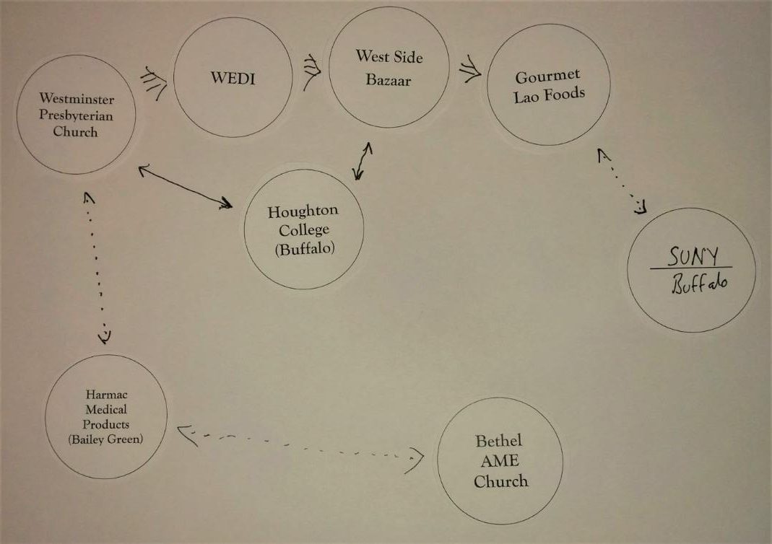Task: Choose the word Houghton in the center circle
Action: click(x=303, y=212)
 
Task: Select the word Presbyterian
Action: click(x=77, y=115)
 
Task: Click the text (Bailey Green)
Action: click(x=105, y=439)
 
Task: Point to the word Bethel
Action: click(x=498, y=441)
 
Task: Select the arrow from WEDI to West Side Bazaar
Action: click(x=311, y=69)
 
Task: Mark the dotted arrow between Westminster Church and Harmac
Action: click(x=97, y=267)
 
